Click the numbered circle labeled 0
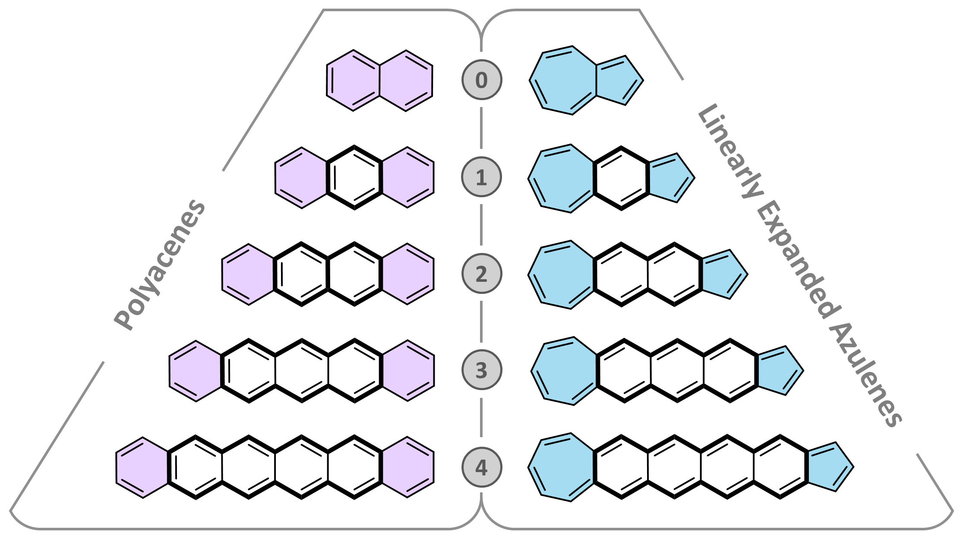(481, 80)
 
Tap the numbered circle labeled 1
(481, 177)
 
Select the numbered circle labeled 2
(481, 274)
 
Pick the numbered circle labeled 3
(481, 370)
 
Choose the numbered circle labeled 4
(481, 467)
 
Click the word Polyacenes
(160, 264)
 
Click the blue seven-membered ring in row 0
(562, 80)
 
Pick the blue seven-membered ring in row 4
(561, 467)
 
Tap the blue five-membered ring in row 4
(829, 467)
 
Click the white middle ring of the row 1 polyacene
(354, 177)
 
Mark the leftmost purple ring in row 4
(142, 467)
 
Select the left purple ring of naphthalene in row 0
(353, 80)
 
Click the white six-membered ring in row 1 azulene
(621, 178)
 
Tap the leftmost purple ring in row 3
(196, 371)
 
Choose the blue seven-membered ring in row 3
(564, 371)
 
